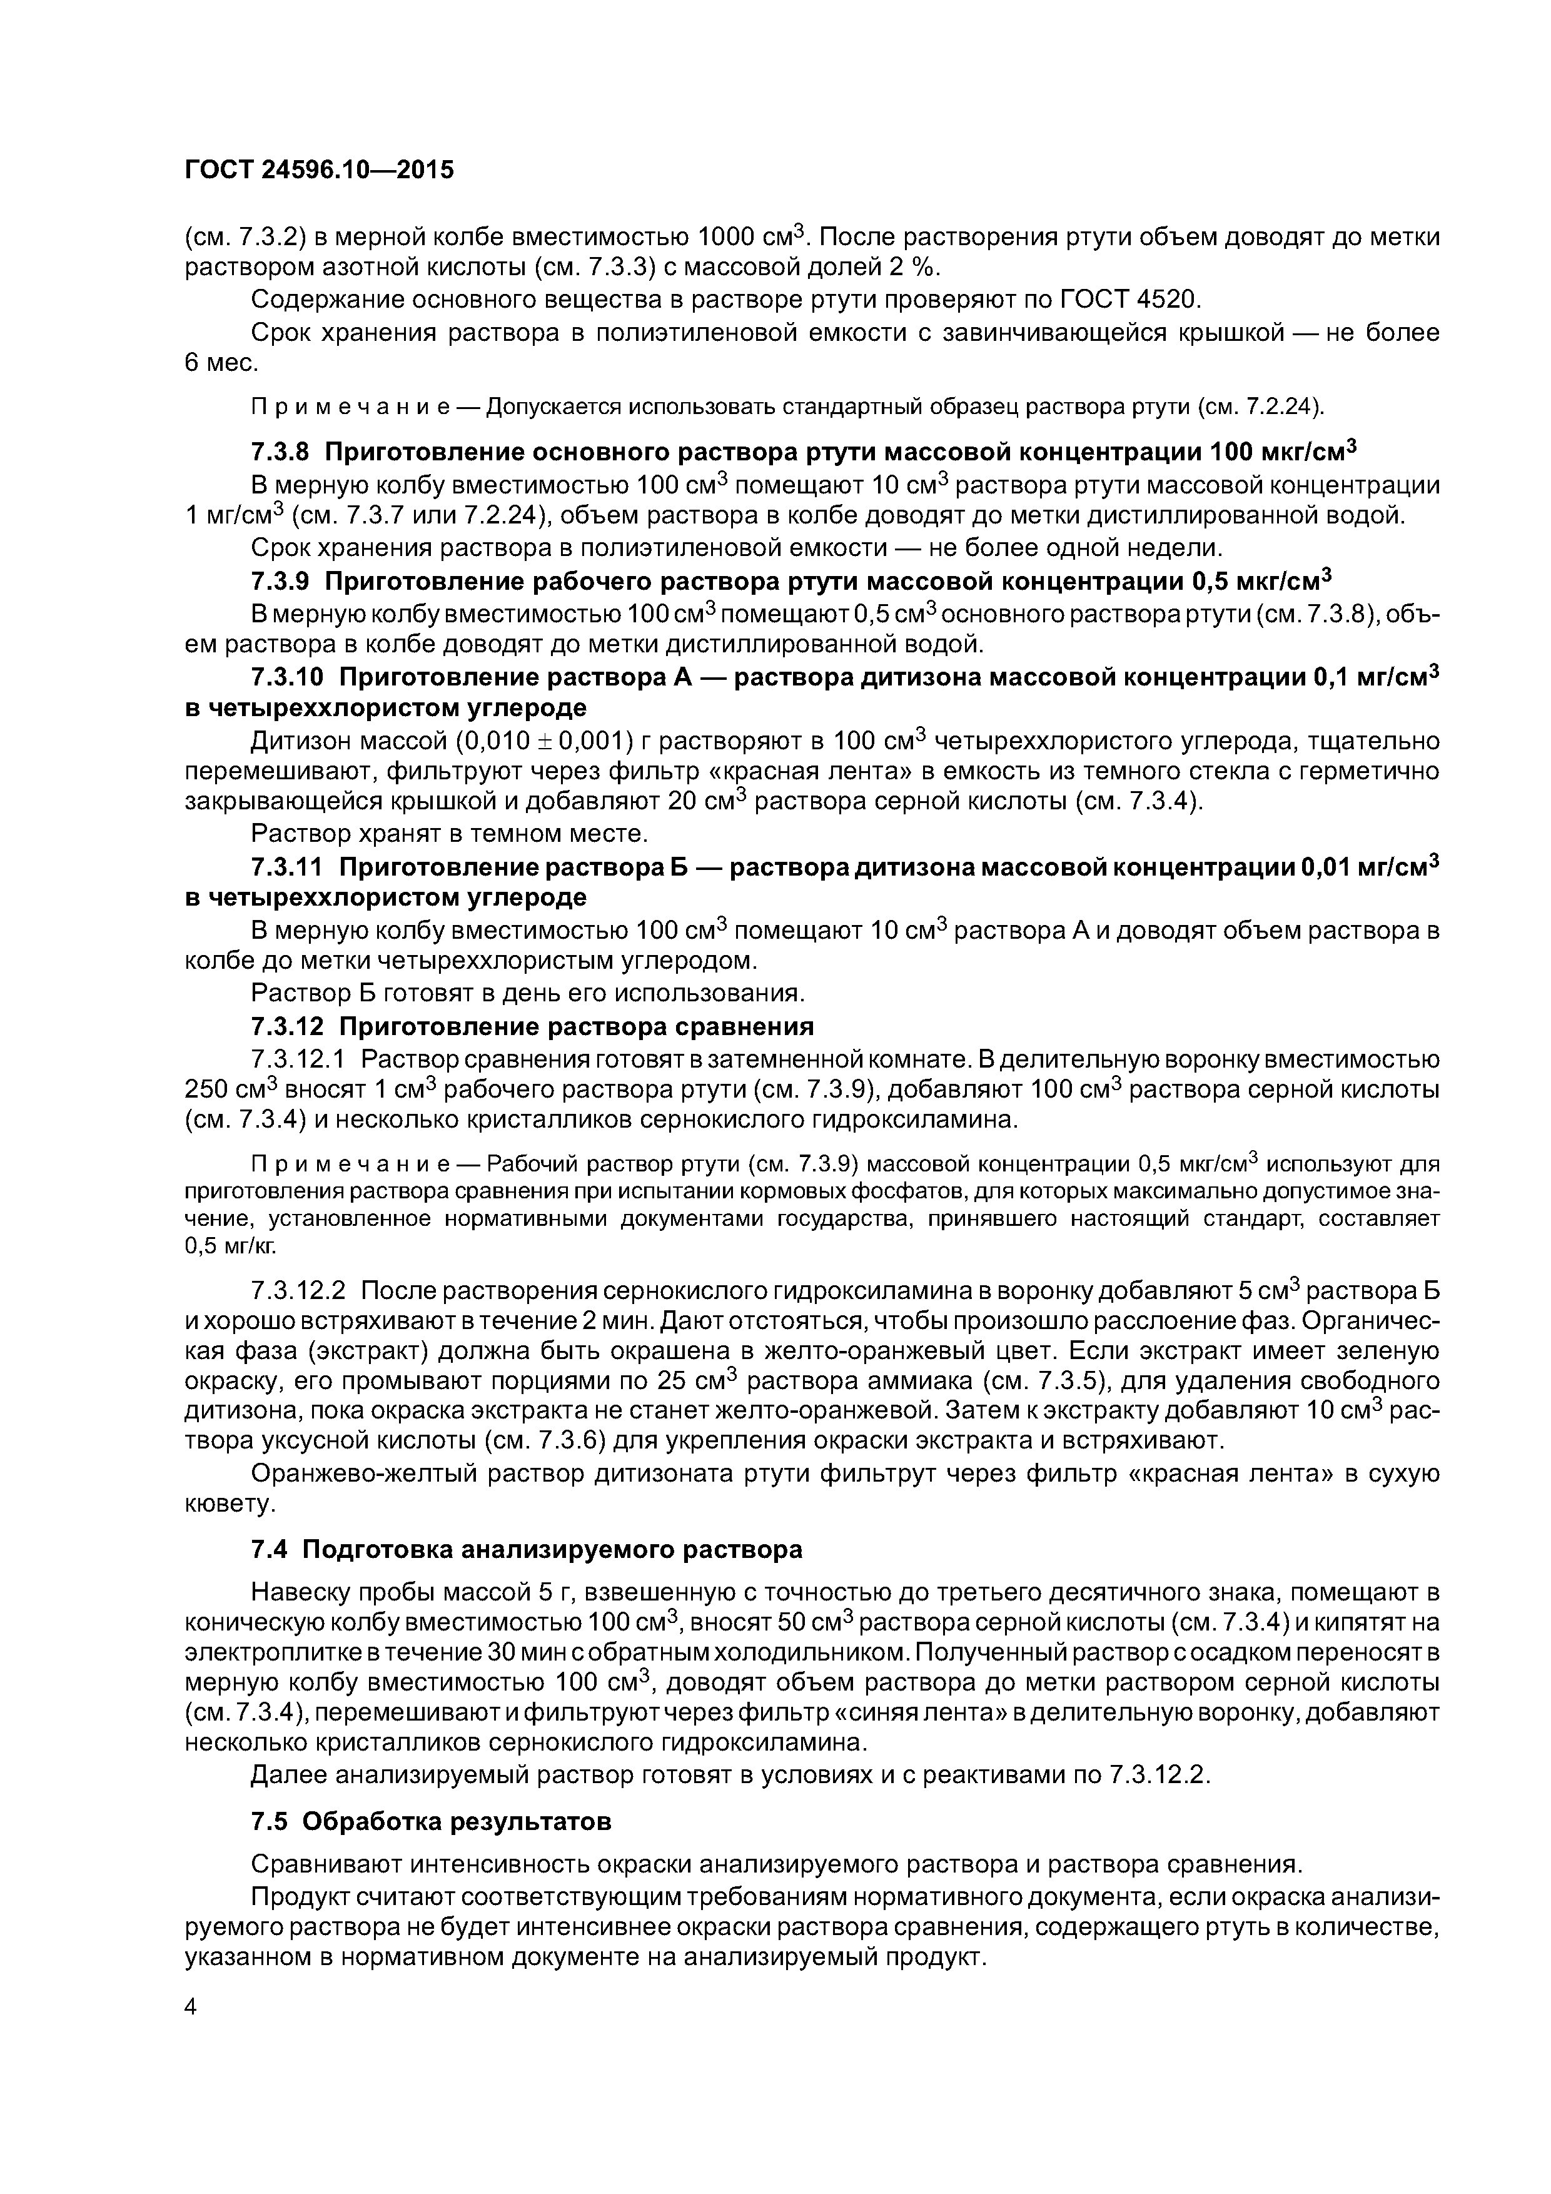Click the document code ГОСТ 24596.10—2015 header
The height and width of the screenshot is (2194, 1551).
tap(319, 170)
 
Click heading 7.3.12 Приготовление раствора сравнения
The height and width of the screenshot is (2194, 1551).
tap(532, 1026)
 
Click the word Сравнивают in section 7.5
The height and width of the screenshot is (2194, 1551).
tap(323, 1864)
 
